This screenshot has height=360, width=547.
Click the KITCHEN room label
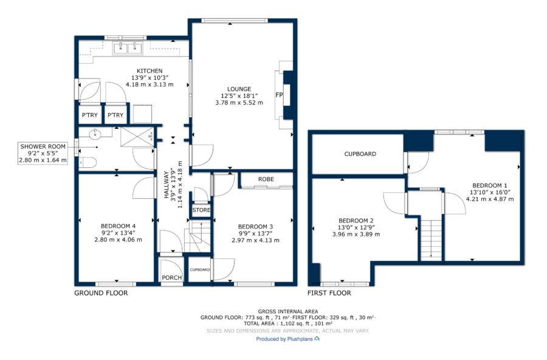pyautogui.click(x=150, y=71)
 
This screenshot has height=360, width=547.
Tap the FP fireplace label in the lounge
pyautogui.click(x=279, y=95)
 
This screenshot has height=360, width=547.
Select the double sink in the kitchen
pyautogui.click(x=128, y=48)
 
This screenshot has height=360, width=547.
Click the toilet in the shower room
pyautogui.click(x=87, y=162)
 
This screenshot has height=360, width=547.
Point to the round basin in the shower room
pyautogui.click(x=95, y=134)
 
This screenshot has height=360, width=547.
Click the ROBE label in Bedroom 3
pyautogui.click(x=266, y=179)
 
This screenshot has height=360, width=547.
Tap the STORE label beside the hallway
pyautogui.click(x=201, y=210)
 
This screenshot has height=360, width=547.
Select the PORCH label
pyautogui.click(x=171, y=277)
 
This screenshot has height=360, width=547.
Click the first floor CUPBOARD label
pyautogui.click(x=360, y=154)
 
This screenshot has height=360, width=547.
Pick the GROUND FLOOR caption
pyautogui.click(x=101, y=293)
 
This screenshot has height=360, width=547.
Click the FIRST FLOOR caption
pyautogui.click(x=329, y=293)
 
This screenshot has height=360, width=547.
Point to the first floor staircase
pyautogui.click(x=432, y=240)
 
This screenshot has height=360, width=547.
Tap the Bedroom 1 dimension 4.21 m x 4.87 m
pyautogui.click(x=490, y=199)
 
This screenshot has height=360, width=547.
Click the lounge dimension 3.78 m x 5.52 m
pyautogui.click(x=239, y=103)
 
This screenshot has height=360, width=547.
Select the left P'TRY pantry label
pyautogui.click(x=90, y=115)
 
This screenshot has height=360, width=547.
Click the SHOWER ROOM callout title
pyautogui.click(x=43, y=147)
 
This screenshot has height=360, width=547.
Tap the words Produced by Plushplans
pyautogui.click(x=284, y=339)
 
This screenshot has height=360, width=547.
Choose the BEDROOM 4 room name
pyautogui.click(x=118, y=226)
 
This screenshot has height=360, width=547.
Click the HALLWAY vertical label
pyautogui.click(x=167, y=184)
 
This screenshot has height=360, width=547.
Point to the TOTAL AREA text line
pyautogui.click(x=288, y=324)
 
